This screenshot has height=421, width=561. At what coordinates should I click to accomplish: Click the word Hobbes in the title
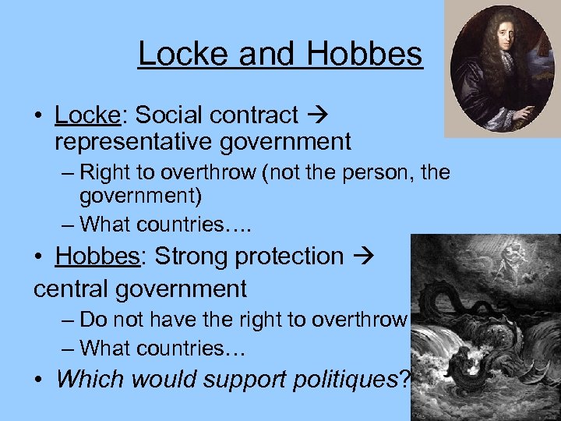click(364, 54)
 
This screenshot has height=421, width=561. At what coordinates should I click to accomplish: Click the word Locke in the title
click(184, 54)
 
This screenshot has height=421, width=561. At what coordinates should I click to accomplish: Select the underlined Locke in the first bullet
click(85, 115)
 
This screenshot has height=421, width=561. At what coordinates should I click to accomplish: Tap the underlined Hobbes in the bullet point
click(97, 256)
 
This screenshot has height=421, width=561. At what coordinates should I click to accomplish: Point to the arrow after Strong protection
click(362, 256)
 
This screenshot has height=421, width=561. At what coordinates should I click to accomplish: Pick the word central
click(75, 288)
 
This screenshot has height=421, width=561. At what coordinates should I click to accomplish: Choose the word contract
click(252, 115)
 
